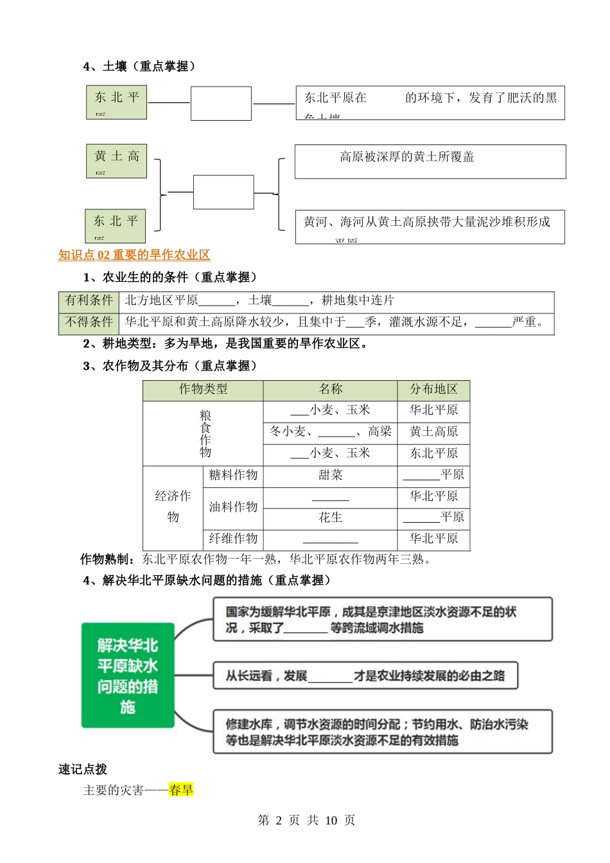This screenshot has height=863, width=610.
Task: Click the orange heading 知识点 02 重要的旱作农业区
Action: [x=134, y=255]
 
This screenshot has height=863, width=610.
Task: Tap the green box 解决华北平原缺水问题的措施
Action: [x=128, y=676]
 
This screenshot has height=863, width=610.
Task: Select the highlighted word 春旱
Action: [x=181, y=790]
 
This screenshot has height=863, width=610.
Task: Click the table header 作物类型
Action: [x=203, y=389]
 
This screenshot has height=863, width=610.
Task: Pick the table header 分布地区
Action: [x=433, y=389]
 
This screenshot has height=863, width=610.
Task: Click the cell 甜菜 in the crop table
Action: [x=330, y=475]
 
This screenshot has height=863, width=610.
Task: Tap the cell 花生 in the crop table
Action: [x=330, y=518]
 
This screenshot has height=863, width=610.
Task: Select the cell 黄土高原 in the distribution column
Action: [x=433, y=431]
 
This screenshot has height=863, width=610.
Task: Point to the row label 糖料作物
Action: [x=233, y=475]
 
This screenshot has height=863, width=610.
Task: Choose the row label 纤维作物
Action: [x=233, y=539]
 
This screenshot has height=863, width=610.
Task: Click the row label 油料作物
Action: [x=233, y=507]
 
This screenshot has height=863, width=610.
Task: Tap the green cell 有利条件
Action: [x=89, y=301]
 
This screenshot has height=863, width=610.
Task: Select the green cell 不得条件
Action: [x=89, y=322]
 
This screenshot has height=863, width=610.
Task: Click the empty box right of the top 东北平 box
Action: [x=221, y=103]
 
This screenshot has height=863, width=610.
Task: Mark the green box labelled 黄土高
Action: [x=117, y=161]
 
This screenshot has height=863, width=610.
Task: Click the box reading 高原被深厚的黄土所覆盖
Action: [x=430, y=161]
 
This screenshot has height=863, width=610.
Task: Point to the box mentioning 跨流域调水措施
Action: [x=383, y=620]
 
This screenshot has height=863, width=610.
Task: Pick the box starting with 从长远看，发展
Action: [x=365, y=676]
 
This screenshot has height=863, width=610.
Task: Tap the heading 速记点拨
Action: [x=83, y=769]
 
